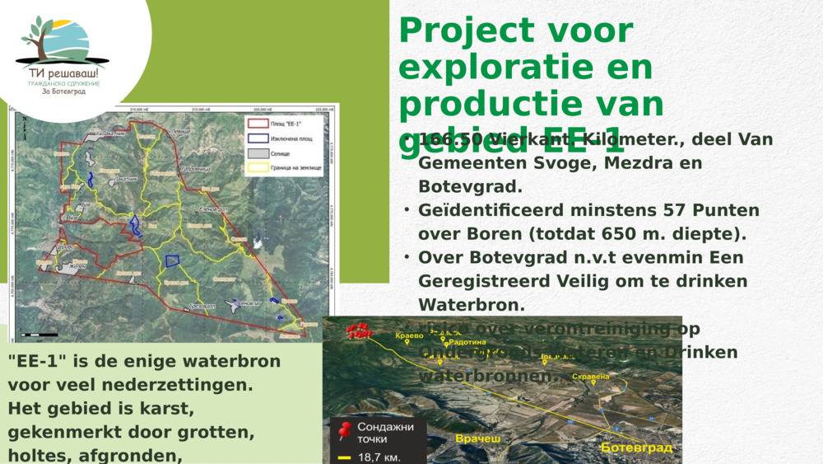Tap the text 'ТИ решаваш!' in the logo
tap(63, 73)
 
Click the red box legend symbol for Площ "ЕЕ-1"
tap(258, 124)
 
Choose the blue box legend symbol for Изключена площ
tap(258, 138)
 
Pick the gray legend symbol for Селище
tap(258, 153)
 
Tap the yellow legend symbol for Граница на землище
tap(258, 168)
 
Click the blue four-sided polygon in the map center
tap(172, 261)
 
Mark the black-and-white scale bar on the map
tap(40, 335)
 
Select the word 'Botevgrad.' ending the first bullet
tap(470, 186)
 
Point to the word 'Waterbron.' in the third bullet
tap(472, 305)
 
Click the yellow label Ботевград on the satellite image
tap(636, 448)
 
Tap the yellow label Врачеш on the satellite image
tap(477, 438)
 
